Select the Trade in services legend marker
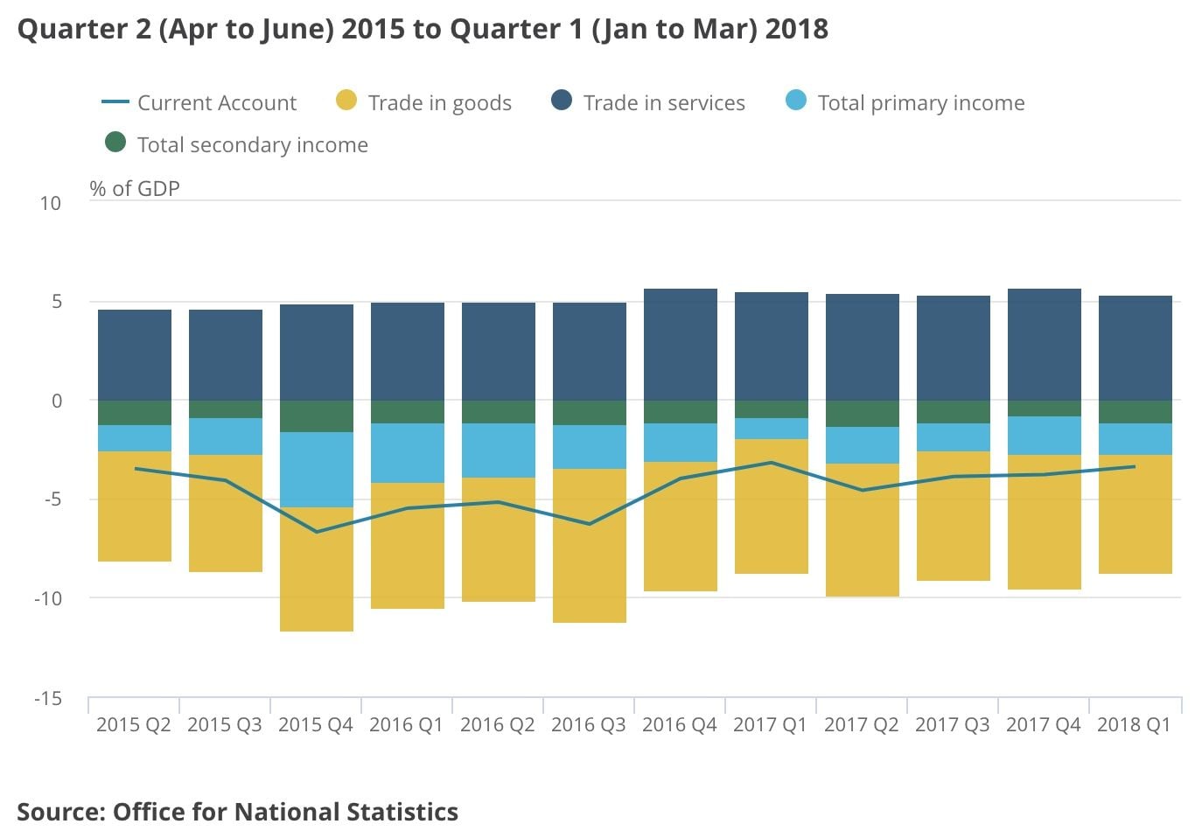click(x=562, y=101)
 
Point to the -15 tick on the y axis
click(x=48, y=698)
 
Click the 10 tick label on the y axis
click(x=51, y=203)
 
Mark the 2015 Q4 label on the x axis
click(x=316, y=724)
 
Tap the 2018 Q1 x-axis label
click(x=1134, y=724)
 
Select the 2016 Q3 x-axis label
click(x=589, y=724)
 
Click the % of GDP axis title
click(x=135, y=188)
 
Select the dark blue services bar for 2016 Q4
click(x=681, y=345)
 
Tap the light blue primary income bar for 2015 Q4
click(x=317, y=470)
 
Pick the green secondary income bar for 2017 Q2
click(x=863, y=414)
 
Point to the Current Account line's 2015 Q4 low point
click(x=317, y=532)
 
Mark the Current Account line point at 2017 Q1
click(x=772, y=463)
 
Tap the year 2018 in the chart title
click(x=796, y=29)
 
